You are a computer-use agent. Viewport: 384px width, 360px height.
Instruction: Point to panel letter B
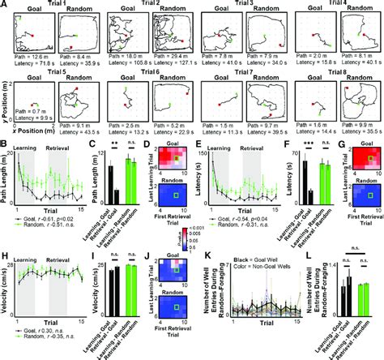tap(4, 146)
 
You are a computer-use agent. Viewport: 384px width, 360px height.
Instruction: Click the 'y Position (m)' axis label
tap(4, 105)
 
